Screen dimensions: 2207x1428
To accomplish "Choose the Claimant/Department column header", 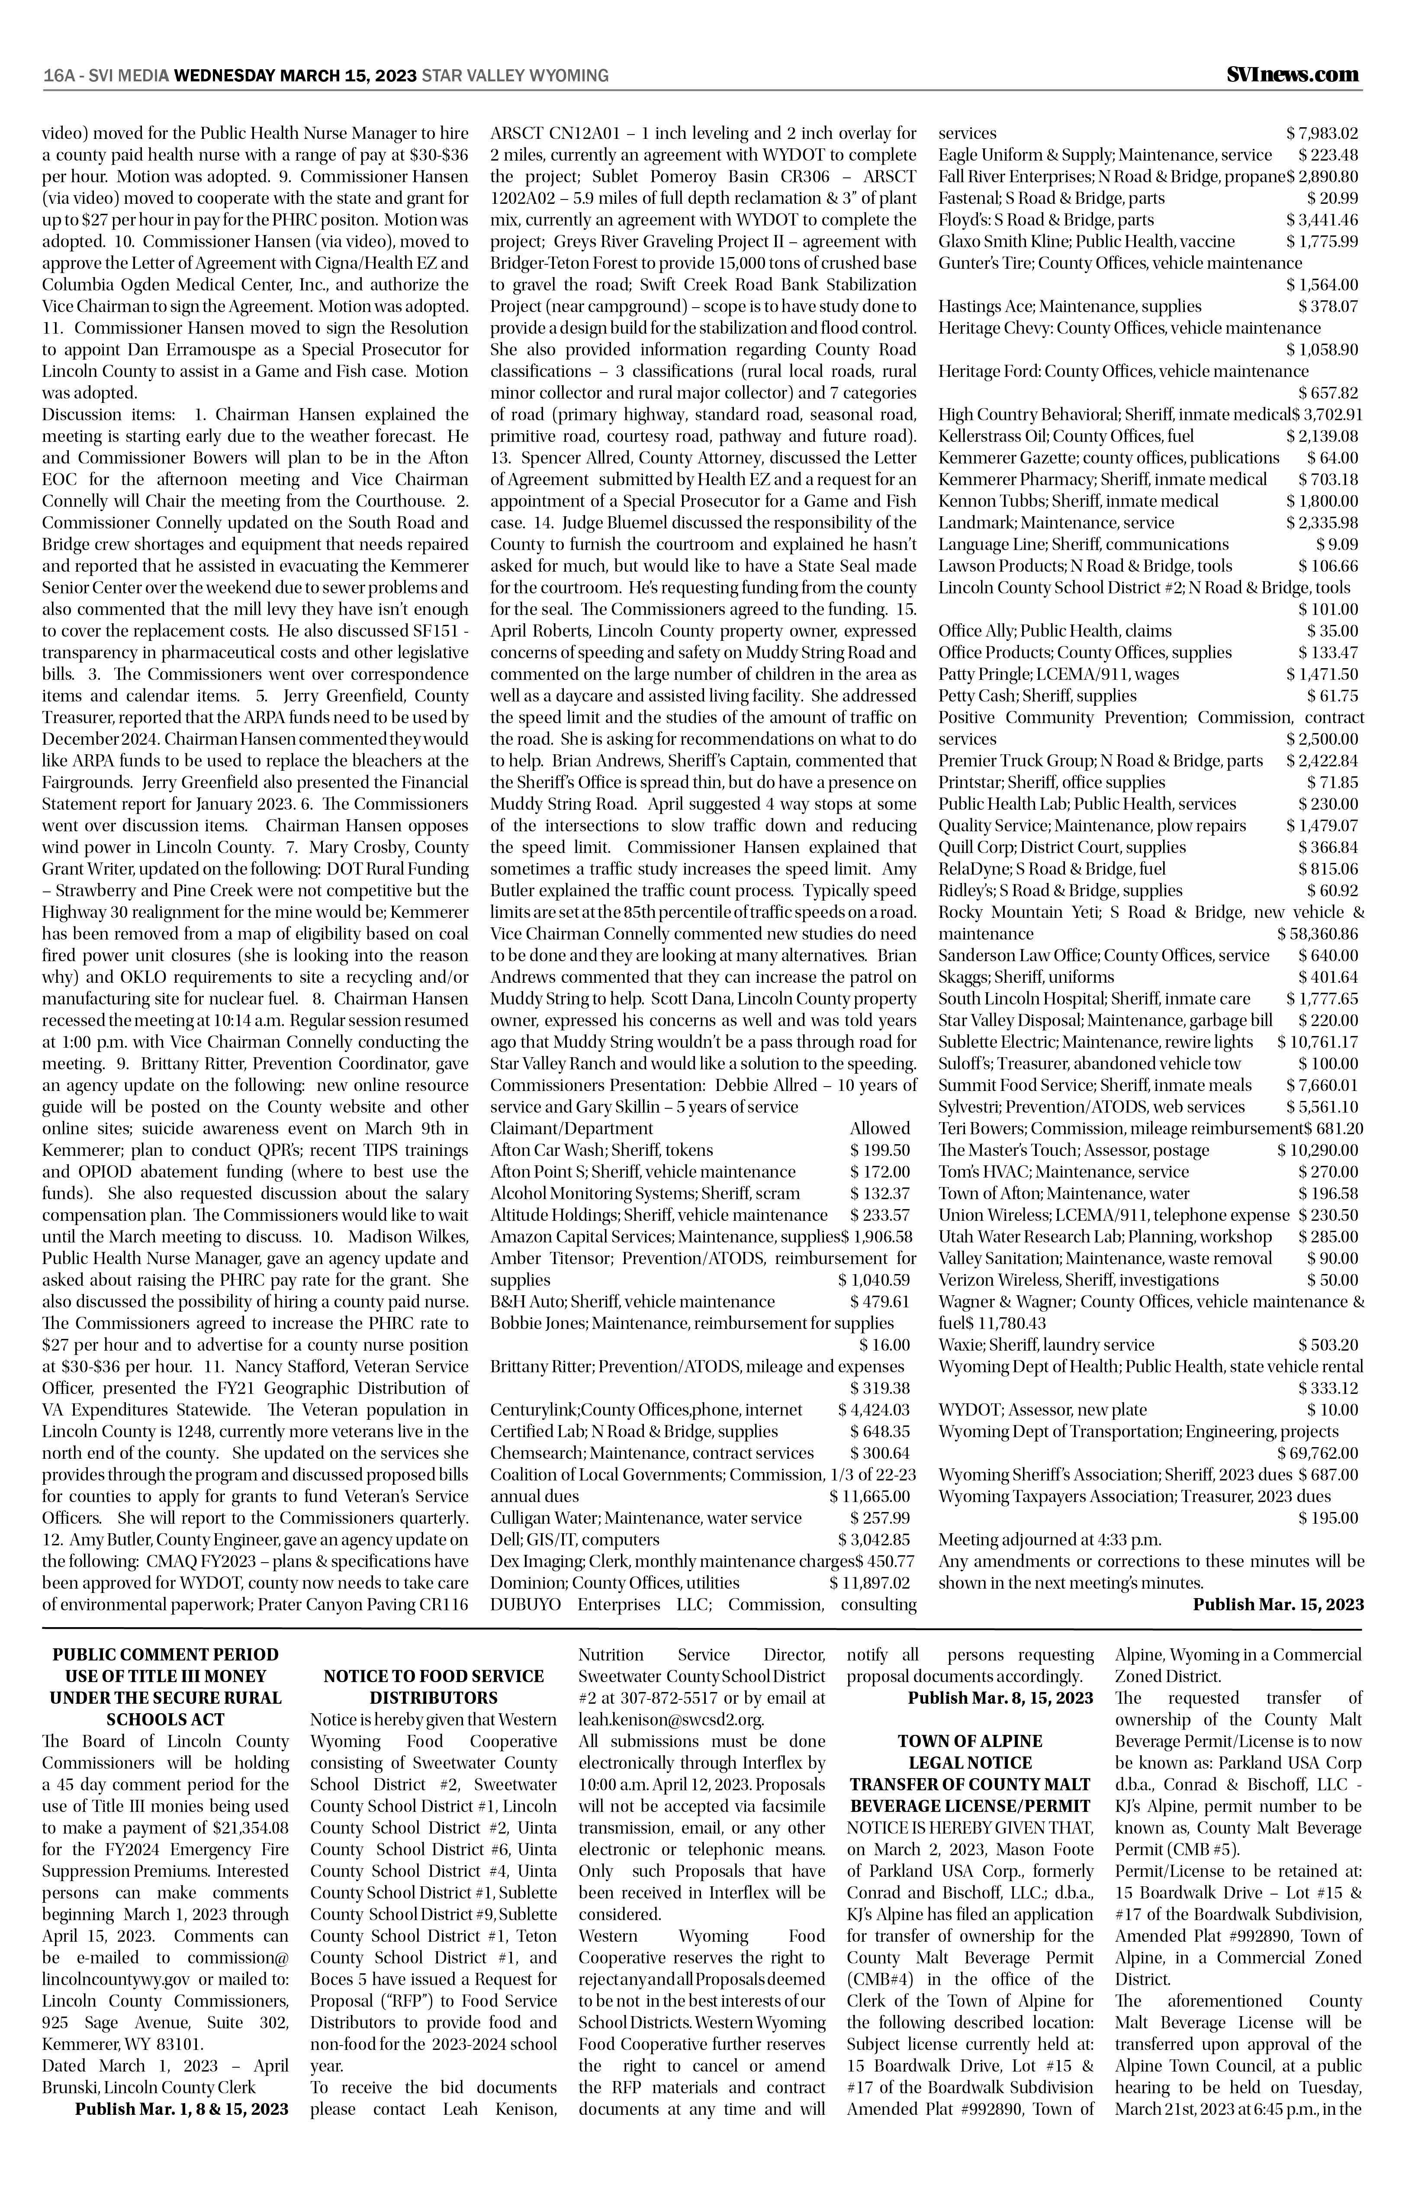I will (x=571, y=1129).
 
